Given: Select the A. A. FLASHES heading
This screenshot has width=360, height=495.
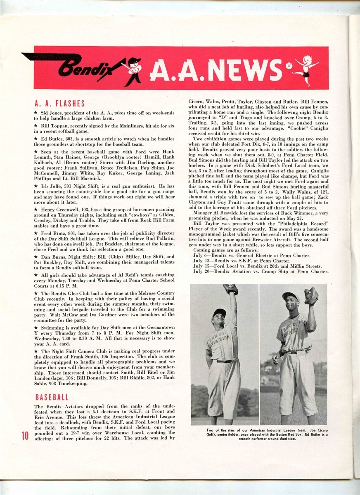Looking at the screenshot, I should coord(60,104).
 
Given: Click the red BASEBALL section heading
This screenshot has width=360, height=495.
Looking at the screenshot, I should coord(52,397).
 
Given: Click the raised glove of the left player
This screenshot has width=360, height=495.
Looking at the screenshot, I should coord(231,289).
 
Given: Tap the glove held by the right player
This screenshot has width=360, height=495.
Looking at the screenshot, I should coord(311,296).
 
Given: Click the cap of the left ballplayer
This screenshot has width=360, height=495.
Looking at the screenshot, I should coord(219,312).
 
